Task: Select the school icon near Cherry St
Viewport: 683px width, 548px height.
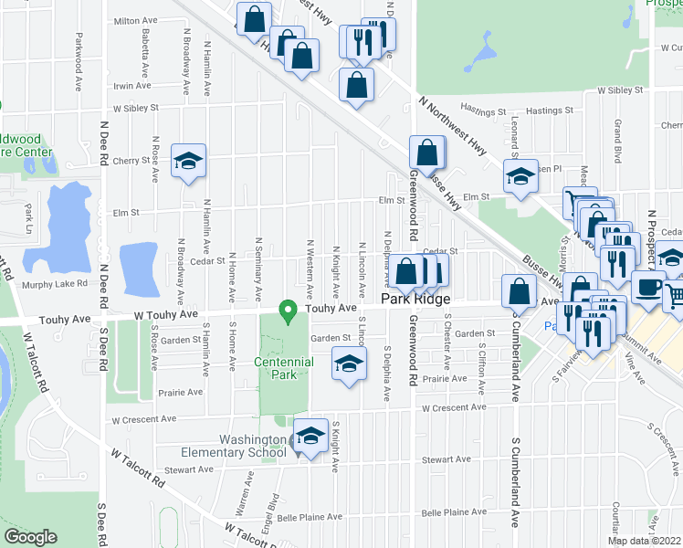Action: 188,162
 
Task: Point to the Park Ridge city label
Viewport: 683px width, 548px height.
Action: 417,299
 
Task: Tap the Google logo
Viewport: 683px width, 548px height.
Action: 30,537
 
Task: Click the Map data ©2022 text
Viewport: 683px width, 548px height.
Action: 645,541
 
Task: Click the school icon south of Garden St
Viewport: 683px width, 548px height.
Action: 348,364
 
